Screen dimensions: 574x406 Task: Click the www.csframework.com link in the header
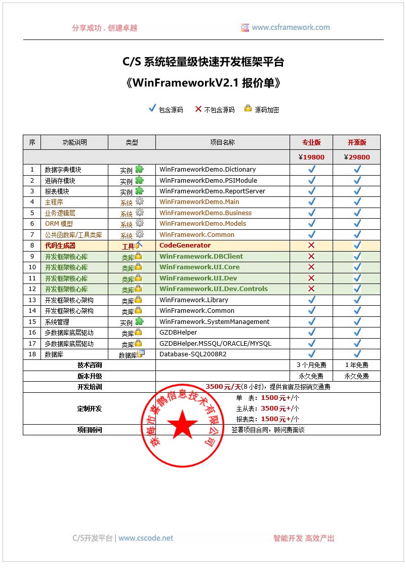point(291,28)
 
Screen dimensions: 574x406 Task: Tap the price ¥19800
point(311,157)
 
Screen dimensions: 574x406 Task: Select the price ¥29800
point(356,157)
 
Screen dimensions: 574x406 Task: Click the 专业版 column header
point(311,143)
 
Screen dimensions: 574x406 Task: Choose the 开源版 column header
point(356,143)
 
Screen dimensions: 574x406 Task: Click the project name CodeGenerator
point(185,245)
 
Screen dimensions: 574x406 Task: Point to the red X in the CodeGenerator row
point(311,245)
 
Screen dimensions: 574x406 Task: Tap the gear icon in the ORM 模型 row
point(139,223)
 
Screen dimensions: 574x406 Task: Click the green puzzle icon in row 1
point(139,169)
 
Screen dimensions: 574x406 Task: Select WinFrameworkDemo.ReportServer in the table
point(212,191)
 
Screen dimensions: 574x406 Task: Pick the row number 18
point(32,354)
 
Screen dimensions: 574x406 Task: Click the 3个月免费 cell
point(311,365)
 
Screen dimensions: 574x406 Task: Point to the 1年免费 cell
point(356,365)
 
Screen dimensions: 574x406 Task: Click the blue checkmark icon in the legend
point(151,108)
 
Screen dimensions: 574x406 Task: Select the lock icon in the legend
point(248,108)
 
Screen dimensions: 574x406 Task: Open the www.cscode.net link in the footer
point(146,539)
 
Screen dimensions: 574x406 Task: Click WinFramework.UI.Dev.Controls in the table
point(214,289)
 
